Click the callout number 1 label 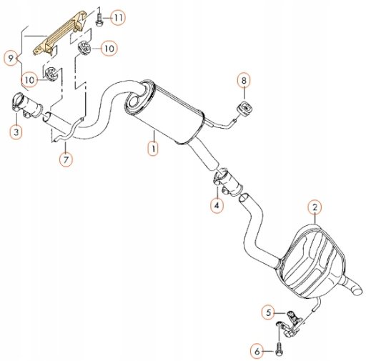pos(153,148)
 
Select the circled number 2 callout pos(315,207)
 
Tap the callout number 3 pos(16,132)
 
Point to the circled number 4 pos(217,205)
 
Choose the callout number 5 pos(269,312)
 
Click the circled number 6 pos(257,351)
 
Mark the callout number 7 pos(66,159)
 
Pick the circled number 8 pos(244,80)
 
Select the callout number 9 pos(11,58)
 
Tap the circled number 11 pos(118,17)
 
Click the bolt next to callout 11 pos(98,19)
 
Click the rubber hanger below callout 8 pos(244,109)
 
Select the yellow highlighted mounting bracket pos(59,34)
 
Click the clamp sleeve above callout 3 pos(26,105)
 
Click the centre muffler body pos(165,112)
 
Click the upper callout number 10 pos(109,49)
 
